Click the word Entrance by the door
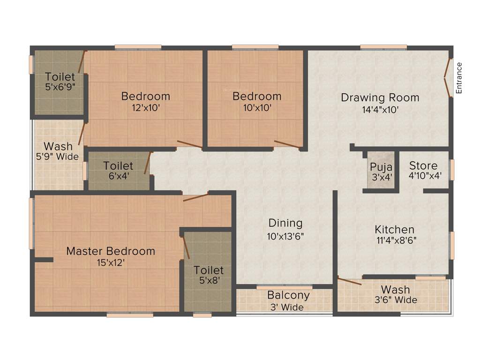pos(459,78)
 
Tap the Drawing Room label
pos(380,98)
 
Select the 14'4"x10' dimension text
pos(380,110)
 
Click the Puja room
pos(381,172)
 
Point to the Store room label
pos(423,165)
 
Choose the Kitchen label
pos(394,230)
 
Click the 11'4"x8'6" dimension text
pos(396,240)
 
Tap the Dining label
pos(285,223)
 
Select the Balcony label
pos(288,295)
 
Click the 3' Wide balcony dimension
pos(286,307)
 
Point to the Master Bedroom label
pos(110,251)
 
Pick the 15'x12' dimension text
pos(111,262)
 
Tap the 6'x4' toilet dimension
pos(118,177)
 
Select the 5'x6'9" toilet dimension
pos(60,87)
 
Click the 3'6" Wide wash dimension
pos(395,300)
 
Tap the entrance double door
pos(448,77)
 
